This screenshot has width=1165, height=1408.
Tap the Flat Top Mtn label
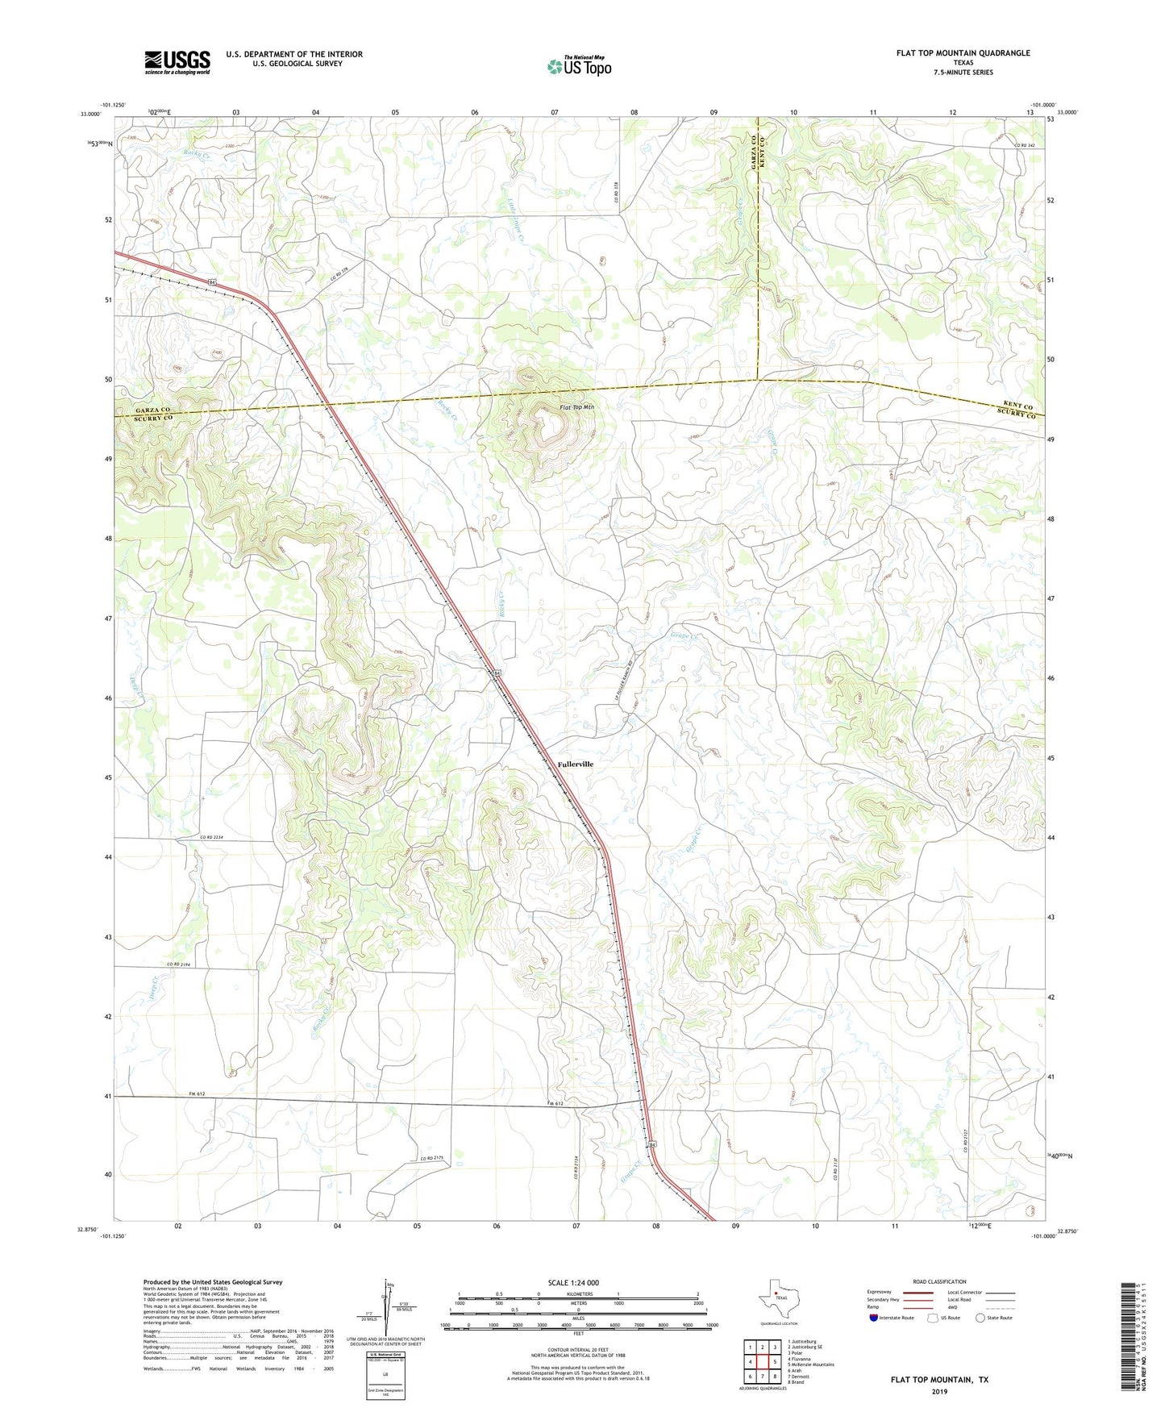576,408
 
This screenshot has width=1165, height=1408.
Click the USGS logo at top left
177,62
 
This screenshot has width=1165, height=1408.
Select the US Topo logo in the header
579,66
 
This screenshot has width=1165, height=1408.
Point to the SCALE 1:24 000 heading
573,1283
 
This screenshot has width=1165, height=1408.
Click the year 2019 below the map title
939,1392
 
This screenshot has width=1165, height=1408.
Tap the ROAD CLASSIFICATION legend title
939,1281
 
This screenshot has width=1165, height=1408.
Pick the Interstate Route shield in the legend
876,1318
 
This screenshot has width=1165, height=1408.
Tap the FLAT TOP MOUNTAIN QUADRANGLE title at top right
963,53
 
